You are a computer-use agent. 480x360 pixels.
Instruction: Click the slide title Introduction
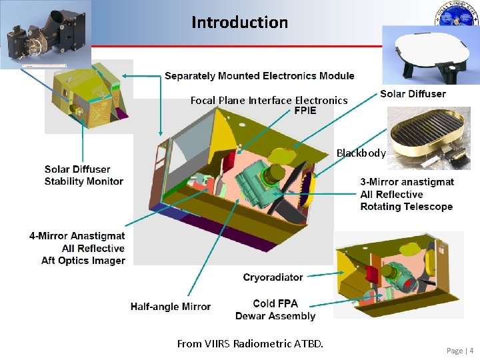pyautogui.click(x=239, y=22)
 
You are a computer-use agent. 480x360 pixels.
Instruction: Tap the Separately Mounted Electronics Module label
pyautogui.click(x=259, y=76)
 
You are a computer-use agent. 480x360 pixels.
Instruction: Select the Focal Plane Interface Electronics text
pyautogui.click(x=269, y=101)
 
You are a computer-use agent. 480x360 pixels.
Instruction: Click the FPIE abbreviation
pyautogui.click(x=305, y=111)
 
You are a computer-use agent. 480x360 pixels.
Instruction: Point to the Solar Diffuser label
pyautogui.click(x=413, y=94)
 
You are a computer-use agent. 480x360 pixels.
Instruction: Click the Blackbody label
pyautogui.click(x=361, y=153)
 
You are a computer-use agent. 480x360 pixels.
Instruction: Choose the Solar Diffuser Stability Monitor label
pyautogui.click(x=84, y=175)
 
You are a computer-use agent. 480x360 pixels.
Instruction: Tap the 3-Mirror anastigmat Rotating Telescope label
pyautogui.click(x=407, y=194)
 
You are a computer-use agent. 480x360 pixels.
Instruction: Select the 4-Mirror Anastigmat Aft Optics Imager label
pyautogui.click(x=77, y=248)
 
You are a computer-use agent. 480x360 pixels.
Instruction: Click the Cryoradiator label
pyautogui.click(x=273, y=277)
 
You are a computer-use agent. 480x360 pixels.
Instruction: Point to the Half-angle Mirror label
pyautogui.click(x=171, y=307)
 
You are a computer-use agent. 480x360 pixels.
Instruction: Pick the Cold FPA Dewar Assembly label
pyautogui.click(x=275, y=309)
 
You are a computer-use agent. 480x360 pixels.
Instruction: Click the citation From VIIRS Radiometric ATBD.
pyautogui.click(x=250, y=344)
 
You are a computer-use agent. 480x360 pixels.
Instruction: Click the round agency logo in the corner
pyautogui.click(x=457, y=15)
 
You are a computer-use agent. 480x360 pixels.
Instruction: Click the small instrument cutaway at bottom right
pyautogui.click(x=398, y=274)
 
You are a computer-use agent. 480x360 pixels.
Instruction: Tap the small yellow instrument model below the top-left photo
pyautogui.click(x=88, y=97)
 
